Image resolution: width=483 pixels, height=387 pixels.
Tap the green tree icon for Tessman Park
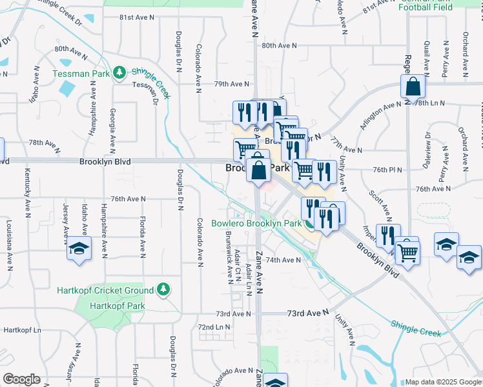pyautogui.click(x=119, y=74)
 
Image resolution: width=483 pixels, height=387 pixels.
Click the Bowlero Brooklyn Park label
pyautogui.click(x=256, y=223)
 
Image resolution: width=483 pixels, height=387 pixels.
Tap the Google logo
pyautogui.click(x=21, y=379)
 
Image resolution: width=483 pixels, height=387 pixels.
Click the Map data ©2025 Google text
pyautogui.click(x=442, y=382)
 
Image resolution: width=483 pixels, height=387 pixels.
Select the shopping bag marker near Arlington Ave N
pyautogui.click(x=412, y=87)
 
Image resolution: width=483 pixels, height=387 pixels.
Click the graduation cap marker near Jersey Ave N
pyautogui.click(x=79, y=248)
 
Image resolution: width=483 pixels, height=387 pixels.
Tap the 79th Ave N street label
pyautogui.click(x=231, y=84)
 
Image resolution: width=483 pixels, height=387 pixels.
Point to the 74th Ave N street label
pyautogui.click(x=283, y=260)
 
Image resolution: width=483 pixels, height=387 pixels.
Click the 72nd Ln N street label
pyautogui.click(x=214, y=328)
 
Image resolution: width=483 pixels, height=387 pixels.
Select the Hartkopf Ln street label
pyautogui.click(x=22, y=330)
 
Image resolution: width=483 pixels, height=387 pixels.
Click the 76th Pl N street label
pyautogui.click(x=385, y=170)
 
